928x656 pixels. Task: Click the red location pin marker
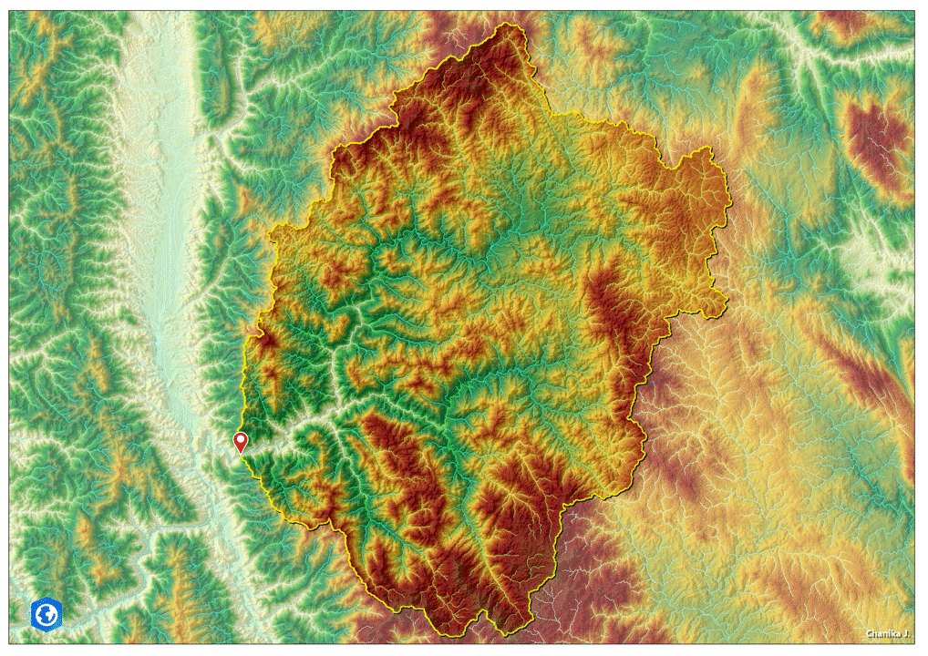[241, 443]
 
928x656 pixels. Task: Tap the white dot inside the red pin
[241, 440]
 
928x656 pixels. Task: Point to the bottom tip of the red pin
[241, 454]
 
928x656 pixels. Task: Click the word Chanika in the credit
[881, 633]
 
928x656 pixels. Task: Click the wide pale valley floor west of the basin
[164, 228]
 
